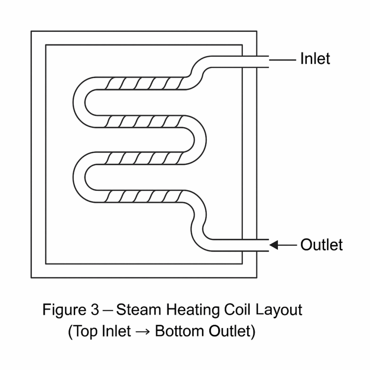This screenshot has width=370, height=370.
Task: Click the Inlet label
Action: (x=315, y=59)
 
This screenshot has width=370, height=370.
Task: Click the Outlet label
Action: (x=321, y=245)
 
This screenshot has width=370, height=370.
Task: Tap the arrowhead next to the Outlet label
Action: (x=274, y=245)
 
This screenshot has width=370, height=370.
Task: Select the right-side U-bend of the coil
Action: (x=200, y=140)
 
